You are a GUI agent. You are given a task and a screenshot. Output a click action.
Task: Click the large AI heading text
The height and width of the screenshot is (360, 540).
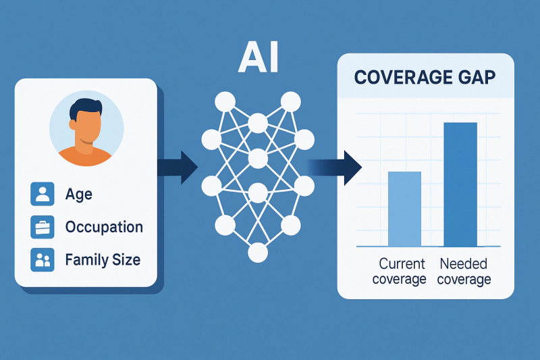point(259,59)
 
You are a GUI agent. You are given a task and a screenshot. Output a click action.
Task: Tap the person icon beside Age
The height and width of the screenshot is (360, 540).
point(43,195)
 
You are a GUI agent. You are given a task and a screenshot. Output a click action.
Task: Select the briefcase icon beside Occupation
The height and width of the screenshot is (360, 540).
point(43,227)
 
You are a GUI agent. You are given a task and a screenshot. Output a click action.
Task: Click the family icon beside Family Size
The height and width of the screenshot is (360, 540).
point(43,259)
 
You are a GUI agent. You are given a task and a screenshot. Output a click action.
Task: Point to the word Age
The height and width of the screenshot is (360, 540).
point(79,195)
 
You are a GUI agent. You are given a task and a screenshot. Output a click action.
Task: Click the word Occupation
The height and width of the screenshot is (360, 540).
point(104,227)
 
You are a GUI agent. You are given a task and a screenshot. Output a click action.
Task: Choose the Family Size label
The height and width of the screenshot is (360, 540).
point(103,259)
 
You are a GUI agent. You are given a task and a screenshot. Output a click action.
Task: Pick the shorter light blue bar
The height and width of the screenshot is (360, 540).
point(404,209)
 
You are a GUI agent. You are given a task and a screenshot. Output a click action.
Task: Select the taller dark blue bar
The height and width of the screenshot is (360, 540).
point(460,184)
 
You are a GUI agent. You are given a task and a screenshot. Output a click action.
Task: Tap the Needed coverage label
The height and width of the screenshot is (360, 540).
point(465,271)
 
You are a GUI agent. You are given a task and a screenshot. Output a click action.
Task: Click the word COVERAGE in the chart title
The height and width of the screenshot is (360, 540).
point(394,76)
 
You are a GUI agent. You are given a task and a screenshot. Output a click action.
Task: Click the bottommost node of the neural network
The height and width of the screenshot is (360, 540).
point(258,253)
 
